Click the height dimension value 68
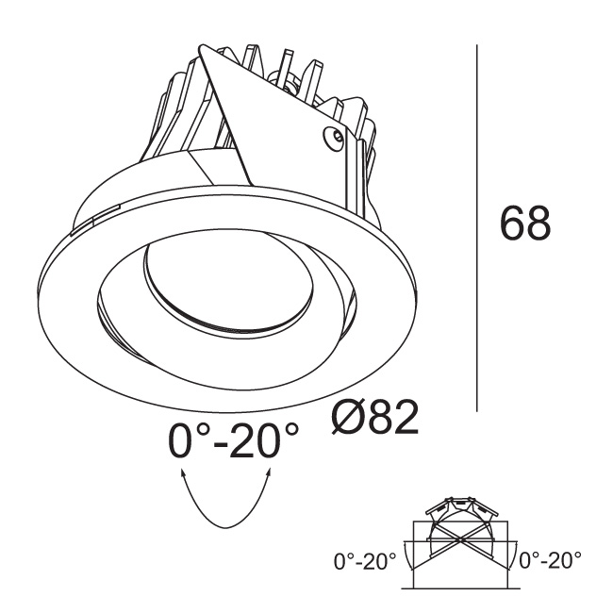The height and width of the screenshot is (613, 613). coord(525,224)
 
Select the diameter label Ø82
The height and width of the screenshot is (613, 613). coord(375,417)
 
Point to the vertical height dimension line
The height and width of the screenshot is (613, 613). coord(477,228)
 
